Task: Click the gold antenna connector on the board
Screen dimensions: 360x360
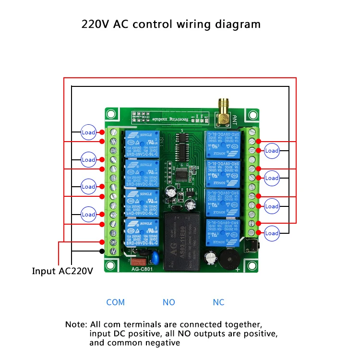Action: click(224, 110)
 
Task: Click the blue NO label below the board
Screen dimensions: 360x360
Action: click(169, 302)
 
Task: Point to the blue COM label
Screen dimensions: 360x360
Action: click(115, 302)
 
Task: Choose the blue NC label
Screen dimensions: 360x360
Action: click(218, 302)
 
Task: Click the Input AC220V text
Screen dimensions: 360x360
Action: click(62, 271)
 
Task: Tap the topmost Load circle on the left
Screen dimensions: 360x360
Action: click(88, 132)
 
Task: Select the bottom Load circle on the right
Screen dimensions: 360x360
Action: click(272, 233)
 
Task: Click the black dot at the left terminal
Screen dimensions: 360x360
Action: click(102, 251)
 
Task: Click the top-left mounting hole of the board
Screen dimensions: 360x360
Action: click(112, 114)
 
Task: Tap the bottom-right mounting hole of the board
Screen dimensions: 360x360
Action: click(252, 266)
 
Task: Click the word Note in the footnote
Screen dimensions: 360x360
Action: click(76, 324)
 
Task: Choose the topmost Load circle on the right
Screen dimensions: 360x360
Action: click(272, 150)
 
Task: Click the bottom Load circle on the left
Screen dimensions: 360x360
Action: click(88, 214)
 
